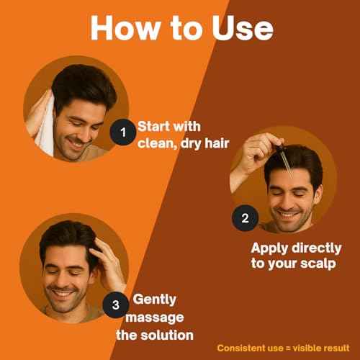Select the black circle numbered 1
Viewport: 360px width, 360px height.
click(122, 132)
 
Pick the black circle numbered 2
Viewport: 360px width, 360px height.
click(244, 219)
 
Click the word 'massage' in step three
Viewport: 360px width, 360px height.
click(156, 317)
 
